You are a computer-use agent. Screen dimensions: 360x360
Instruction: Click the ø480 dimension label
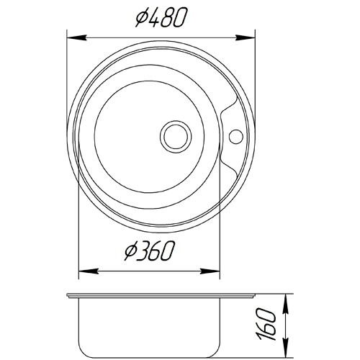pos(161,18)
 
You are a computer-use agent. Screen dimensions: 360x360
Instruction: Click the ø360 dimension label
pos(149,251)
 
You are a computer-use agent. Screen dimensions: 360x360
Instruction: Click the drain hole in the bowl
pos(176,137)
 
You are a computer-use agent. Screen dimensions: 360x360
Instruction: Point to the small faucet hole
pos(236,137)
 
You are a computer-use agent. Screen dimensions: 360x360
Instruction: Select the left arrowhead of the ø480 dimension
pos(76,37)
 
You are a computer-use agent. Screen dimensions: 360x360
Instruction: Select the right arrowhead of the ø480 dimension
pos(245,37)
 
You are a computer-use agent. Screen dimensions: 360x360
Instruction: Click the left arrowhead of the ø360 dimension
pos(89,271)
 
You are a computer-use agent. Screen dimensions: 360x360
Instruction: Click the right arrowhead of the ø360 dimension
pos(210,271)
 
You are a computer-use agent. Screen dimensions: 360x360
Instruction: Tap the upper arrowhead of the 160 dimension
pos(286,304)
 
